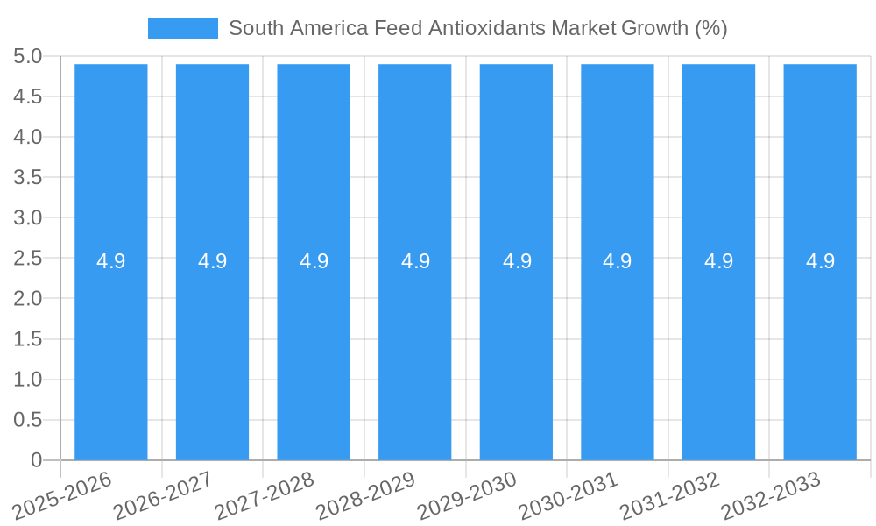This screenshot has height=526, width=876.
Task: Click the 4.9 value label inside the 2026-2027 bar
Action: pos(212,261)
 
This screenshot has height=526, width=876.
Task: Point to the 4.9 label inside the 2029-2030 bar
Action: pos(517,261)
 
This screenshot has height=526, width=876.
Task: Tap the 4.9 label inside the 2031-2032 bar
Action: pos(719,261)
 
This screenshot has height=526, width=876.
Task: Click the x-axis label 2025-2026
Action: pos(63,494)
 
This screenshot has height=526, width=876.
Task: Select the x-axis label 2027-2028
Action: pos(265,494)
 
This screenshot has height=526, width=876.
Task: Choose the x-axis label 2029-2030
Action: pos(468,494)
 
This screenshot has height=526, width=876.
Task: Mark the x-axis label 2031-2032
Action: pos(670,494)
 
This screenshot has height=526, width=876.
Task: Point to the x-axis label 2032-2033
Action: pos(771,494)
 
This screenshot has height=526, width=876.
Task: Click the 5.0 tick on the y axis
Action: pos(28,57)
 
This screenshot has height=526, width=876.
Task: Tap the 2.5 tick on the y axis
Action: pos(28,259)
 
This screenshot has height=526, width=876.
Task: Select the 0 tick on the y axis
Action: pos(36,460)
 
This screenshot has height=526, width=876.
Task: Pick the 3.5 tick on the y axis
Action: pos(28,178)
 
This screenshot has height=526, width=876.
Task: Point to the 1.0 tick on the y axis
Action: pos(28,380)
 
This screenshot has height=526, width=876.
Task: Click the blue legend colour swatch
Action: pos(183,28)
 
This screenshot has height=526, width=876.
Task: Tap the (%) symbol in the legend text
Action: pos(710,28)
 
